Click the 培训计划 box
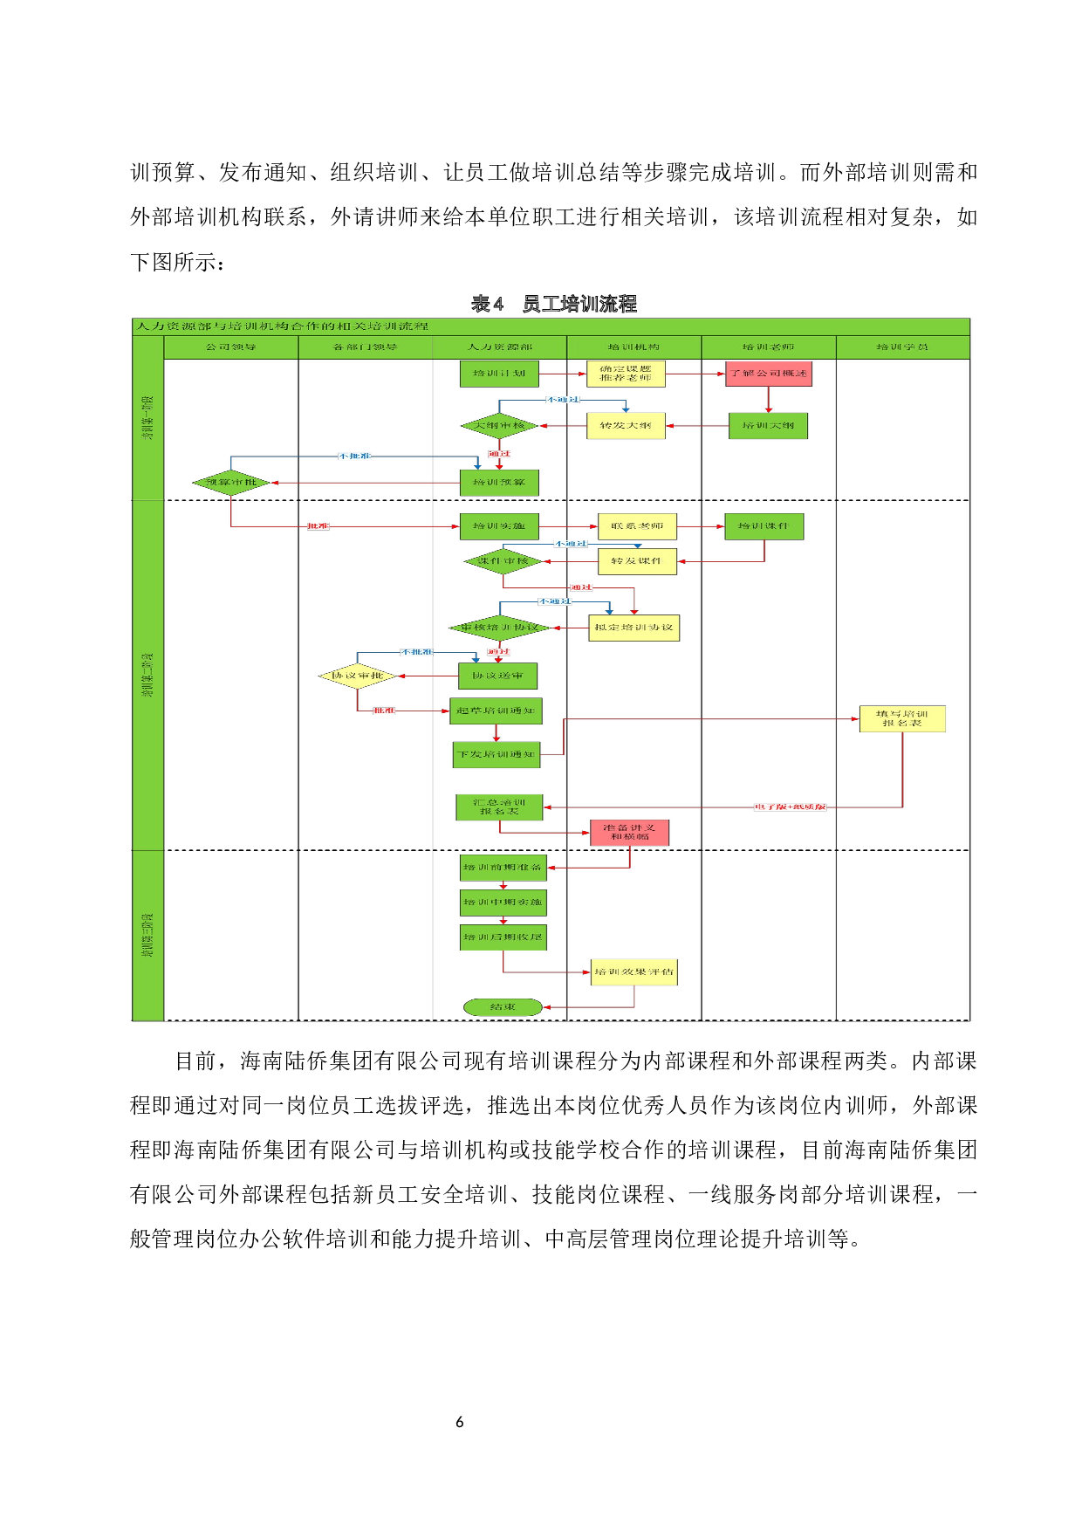point(499,374)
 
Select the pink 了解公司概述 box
point(768,374)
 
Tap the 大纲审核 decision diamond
point(499,426)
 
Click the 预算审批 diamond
point(231,483)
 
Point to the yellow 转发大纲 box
point(626,426)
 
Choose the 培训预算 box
point(499,483)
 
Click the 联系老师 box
point(637,526)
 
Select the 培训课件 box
point(764,526)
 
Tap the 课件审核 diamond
point(503,561)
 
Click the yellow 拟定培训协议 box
point(633,628)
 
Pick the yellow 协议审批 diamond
point(358,676)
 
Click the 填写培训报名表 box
point(902,718)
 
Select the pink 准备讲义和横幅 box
point(629,833)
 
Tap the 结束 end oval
point(503,1007)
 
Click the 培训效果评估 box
point(633,972)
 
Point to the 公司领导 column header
point(231,347)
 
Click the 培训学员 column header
point(902,347)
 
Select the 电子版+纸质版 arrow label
point(790,807)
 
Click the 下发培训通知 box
point(496,754)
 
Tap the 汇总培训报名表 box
point(499,807)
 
